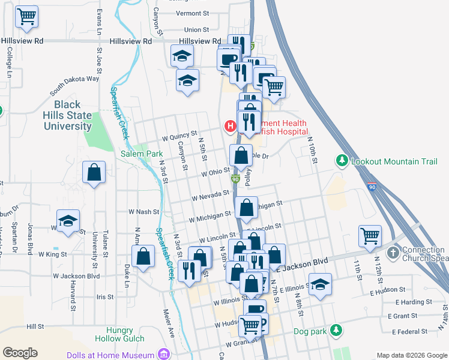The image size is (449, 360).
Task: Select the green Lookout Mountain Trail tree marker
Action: click(x=342, y=160)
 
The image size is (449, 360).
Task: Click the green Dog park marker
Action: click(x=336, y=330)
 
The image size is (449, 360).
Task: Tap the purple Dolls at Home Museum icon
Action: click(x=163, y=355)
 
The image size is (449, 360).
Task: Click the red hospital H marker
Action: click(x=229, y=126)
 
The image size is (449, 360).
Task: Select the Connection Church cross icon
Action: click(x=393, y=251)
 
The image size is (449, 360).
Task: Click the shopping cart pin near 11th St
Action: click(x=370, y=235)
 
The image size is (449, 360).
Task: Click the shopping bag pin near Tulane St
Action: click(x=94, y=173)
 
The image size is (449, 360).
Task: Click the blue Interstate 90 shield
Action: click(x=372, y=188)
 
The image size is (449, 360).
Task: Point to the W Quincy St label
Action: click(x=179, y=134)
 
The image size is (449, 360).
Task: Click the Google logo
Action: click(x=20, y=353)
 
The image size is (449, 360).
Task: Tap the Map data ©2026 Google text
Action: click(x=411, y=355)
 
